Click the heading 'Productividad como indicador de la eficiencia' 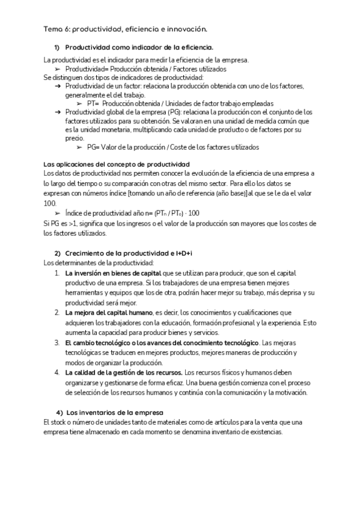click(139, 47)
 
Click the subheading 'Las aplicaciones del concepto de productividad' click(117, 164)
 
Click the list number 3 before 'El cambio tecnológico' click(56, 342)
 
